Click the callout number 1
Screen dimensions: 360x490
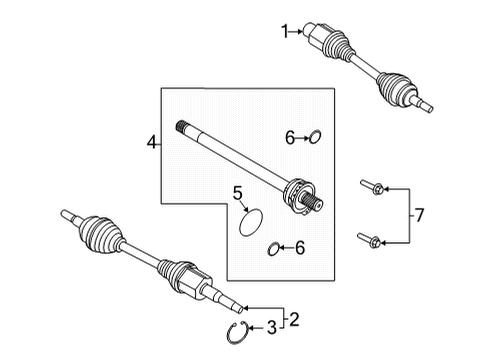[283, 32]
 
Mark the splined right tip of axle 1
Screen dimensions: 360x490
[428, 104]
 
